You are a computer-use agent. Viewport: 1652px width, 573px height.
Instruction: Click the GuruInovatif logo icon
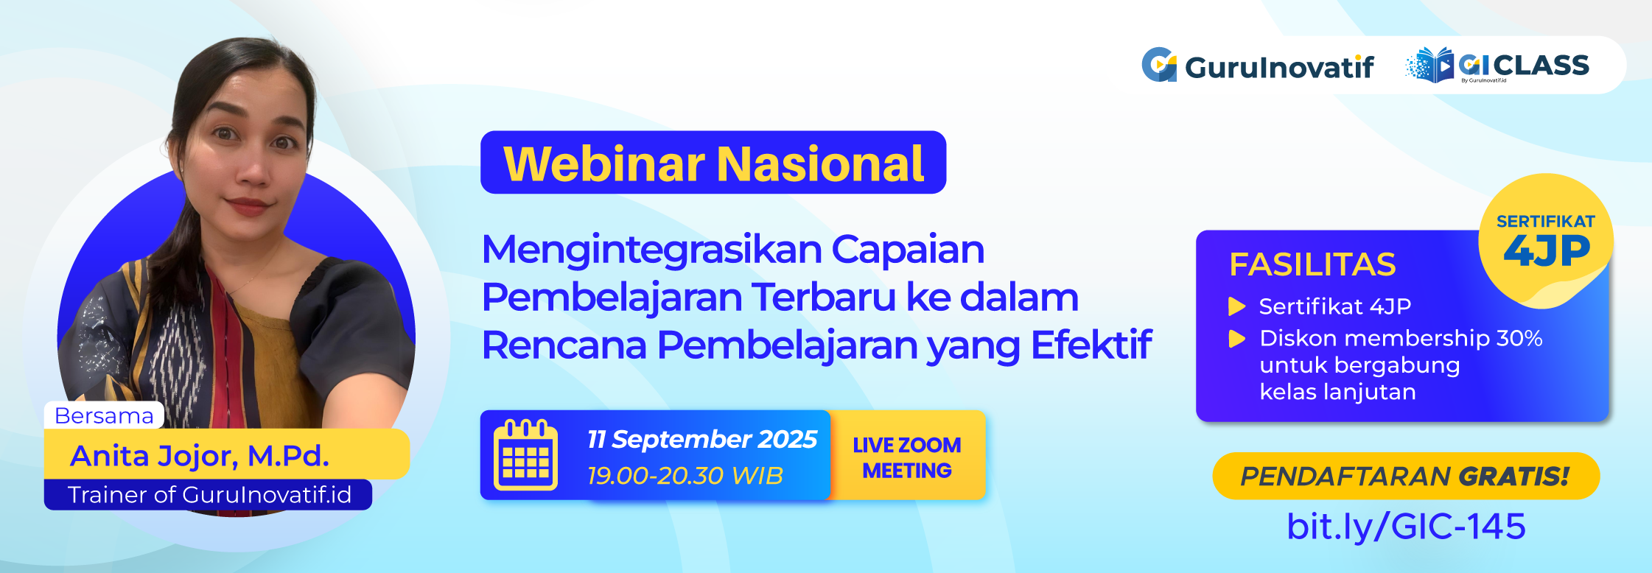(x=1159, y=65)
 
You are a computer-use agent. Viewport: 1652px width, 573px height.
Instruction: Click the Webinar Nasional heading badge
(x=713, y=163)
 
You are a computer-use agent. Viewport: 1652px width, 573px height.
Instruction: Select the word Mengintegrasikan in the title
(x=651, y=250)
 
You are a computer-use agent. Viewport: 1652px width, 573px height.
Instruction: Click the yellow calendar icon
(x=525, y=455)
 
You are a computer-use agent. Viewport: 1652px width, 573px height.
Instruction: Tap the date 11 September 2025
(x=701, y=439)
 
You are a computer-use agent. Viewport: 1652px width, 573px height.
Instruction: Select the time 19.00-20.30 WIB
(x=685, y=476)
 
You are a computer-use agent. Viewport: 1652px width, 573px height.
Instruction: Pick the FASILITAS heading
(x=1312, y=264)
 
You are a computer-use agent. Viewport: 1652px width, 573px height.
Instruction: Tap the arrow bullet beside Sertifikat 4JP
(x=1236, y=306)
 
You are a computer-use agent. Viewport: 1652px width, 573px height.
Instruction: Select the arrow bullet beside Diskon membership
(x=1236, y=339)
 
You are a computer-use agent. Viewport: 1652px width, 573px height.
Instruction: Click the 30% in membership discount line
(x=1519, y=338)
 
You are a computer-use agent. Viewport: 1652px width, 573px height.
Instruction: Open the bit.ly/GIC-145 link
(x=1405, y=526)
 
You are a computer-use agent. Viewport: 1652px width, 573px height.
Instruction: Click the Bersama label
(x=104, y=415)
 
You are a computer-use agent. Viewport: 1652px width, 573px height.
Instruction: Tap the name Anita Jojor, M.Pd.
(x=199, y=456)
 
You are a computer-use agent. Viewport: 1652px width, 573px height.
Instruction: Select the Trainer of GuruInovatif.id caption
(x=209, y=495)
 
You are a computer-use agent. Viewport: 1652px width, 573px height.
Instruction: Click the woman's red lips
(x=248, y=205)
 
